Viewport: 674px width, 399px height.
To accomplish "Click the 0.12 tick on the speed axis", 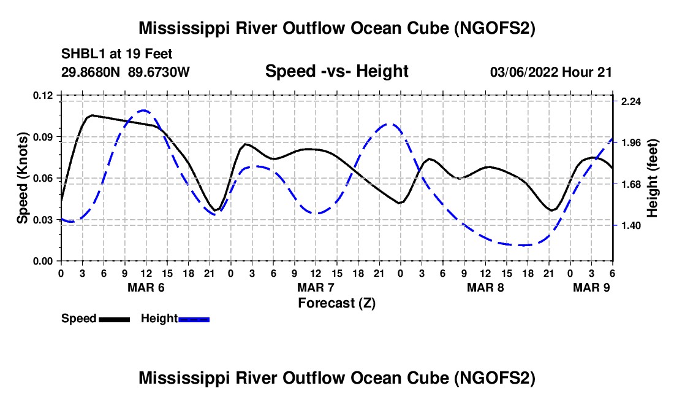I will click(x=44, y=95).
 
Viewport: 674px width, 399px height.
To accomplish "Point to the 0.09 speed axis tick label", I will click(x=44, y=136).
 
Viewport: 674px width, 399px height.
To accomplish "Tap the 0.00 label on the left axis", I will click(x=44, y=261).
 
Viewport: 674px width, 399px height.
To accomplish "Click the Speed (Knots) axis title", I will click(x=23, y=178).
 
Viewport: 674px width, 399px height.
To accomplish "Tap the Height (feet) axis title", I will click(x=653, y=178).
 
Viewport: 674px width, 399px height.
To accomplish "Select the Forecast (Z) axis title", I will click(x=336, y=303).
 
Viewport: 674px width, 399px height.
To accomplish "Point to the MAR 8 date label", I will click(x=486, y=287).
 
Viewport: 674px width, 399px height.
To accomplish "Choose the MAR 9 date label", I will click(x=592, y=287).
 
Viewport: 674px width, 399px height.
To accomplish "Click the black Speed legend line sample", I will click(x=114, y=319).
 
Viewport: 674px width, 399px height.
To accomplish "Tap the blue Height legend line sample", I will click(x=194, y=319).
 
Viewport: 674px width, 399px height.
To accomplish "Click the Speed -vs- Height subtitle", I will click(x=336, y=72).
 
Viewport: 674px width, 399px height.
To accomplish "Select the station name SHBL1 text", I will click(x=81, y=54).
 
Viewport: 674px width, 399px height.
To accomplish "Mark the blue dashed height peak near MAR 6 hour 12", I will click(x=144, y=110).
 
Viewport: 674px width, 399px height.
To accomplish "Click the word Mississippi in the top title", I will click(x=183, y=28).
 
